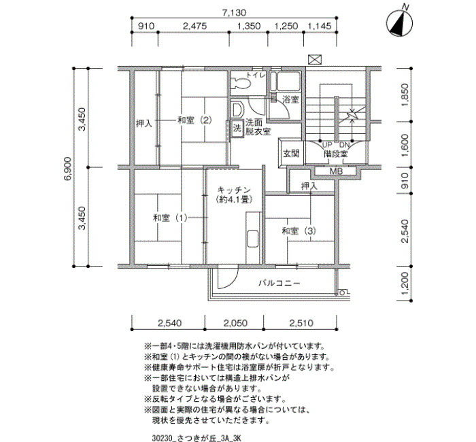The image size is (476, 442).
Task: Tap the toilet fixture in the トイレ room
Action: pyautogui.click(x=241, y=82)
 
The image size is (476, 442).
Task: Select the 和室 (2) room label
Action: pyautogui.click(x=194, y=120)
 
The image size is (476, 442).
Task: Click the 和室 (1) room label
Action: pyautogui.click(x=170, y=218)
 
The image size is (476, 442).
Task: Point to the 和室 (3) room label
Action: pyautogui.click(x=299, y=231)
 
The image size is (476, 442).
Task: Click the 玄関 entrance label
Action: pyautogui.click(x=291, y=154)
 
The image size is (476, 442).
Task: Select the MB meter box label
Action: pyautogui.click(x=336, y=171)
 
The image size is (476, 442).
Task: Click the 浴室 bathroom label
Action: pyautogui.click(x=290, y=99)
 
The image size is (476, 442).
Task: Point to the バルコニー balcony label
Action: pyautogui.click(x=279, y=284)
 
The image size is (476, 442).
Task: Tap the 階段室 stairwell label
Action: pyautogui.click(x=335, y=154)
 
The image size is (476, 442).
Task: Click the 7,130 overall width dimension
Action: pyautogui.click(x=234, y=13)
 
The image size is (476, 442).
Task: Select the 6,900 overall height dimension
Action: pyautogui.click(x=67, y=168)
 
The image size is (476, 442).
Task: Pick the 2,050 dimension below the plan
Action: pyautogui.click(x=235, y=323)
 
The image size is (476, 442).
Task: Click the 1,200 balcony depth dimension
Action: pyautogui.click(x=405, y=284)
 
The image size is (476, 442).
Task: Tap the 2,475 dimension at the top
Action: pyautogui.click(x=194, y=26)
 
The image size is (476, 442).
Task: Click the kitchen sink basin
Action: pyautogui.click(x=252, y=238)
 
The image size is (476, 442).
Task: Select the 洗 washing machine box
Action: pyautogui.click(x=237, y=128)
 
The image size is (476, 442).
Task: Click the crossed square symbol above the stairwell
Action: pyautogui.click(x=315, y=60)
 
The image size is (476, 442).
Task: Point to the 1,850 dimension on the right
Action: pyautogui.click(x=405, y=95)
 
